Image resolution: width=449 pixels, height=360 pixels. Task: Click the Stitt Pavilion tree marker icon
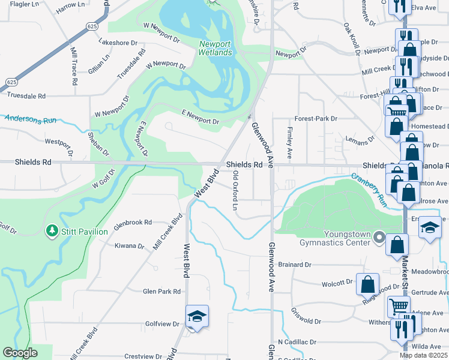click(52, 231)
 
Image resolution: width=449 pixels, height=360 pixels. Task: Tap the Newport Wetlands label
click(215, 49)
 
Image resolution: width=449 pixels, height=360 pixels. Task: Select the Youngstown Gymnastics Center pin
click(379, 238)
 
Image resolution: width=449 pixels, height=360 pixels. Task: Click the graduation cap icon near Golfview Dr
click(196, 317)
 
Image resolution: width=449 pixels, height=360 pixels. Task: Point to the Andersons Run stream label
click(30, 119)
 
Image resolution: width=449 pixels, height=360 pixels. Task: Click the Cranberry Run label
click(369, 183)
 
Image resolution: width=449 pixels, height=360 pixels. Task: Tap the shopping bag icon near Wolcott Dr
click(367, 284)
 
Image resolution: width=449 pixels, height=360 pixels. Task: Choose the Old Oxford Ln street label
click(235, 190)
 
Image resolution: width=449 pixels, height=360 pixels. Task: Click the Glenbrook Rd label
click(133, 221)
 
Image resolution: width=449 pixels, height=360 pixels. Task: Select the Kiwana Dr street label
click(130, 246)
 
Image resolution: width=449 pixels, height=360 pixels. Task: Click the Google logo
click(20, 353)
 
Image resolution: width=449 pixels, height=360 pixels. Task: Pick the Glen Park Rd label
click(161, 292)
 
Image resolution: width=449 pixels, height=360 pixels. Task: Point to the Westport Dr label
click(58, 143)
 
